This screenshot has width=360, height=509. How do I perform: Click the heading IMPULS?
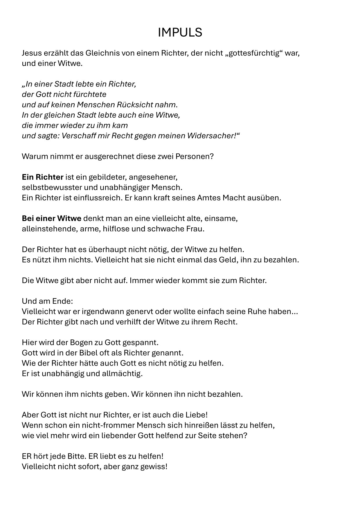tap(180, 33)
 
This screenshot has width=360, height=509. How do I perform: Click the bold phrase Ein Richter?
tap(42, 177)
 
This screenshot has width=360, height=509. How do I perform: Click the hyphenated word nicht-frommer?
tap(109, 426)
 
